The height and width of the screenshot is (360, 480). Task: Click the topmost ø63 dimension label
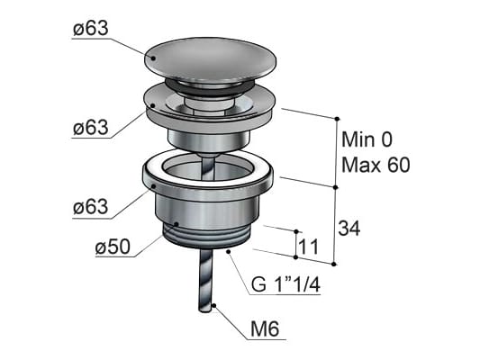coord(91,29)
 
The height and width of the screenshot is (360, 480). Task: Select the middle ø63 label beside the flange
coord(91,127)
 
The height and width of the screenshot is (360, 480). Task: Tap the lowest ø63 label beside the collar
coord(91,207)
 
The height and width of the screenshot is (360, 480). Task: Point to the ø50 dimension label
coord(113,247)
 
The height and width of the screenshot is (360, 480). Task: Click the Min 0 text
coord(367,139)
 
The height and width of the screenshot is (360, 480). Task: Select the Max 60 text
coord(376,166)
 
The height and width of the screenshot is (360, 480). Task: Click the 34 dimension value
coord(349,228)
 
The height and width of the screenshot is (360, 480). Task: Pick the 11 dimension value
coord(308,247)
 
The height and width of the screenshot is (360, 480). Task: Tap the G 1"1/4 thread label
coord(285,284)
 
